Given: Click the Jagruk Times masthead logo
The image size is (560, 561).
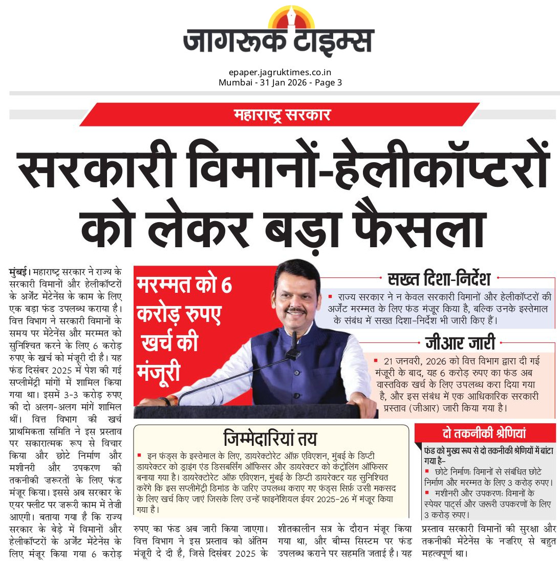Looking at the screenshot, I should click(x=279, y=41).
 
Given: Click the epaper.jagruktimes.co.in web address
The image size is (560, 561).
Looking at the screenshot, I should click(x=280, y=73).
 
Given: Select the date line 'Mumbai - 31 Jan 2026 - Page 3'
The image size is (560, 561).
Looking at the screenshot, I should click(x=280, y=82).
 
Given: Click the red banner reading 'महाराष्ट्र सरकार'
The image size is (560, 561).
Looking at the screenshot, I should click(x=282, y=115).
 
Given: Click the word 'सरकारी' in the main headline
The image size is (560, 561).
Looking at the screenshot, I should click(x=97, y=169).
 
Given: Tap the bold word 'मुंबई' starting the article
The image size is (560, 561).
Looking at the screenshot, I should click(x=19, y=271).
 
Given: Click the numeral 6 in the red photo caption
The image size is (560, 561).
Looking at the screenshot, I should click(x=226, y=285).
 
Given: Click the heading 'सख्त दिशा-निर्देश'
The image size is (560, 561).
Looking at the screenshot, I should click(x=439, y=279).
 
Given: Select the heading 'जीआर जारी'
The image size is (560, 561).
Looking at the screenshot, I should click(x=460, y=343).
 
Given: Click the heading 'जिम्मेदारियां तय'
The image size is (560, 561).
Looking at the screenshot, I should click(x=270, y=439).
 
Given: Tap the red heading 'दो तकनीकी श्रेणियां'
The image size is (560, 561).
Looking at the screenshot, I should click(x=484, y=434).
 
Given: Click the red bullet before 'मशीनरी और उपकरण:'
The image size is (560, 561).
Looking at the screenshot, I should click(x=427, y=492).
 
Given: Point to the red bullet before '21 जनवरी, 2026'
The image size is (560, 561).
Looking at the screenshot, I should click(x=376, y=361).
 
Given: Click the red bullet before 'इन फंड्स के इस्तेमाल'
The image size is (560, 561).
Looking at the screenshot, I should click(x=139, y=455).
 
